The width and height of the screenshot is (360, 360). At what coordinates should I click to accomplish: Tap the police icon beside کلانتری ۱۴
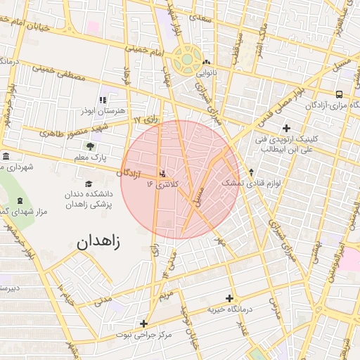point(164,173)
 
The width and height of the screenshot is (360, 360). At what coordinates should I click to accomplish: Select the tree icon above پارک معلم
point(90,146)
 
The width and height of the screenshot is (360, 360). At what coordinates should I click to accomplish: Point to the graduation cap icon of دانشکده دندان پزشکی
point(88,184)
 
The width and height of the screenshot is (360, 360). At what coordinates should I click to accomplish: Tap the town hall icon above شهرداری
point(6,156)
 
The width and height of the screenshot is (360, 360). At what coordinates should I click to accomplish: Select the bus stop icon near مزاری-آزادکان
point(340,94)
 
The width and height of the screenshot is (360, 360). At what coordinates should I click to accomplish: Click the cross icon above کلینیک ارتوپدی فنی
point(285,128)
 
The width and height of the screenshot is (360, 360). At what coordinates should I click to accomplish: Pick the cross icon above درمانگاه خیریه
point(229,298)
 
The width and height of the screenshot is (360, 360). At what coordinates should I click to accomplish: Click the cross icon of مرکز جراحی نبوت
point(143,324)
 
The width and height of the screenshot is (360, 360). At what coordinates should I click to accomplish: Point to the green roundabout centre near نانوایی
point(186,60)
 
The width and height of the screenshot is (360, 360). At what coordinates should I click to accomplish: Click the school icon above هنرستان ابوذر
point(103,100)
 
